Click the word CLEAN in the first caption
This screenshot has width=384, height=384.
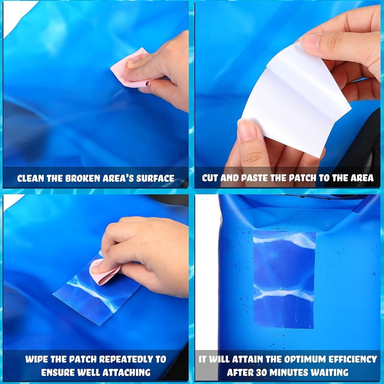click(x=31, y=178)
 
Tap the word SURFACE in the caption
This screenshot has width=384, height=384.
click(x=154, y=178)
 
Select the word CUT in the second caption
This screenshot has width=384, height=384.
click(x=211, y=178)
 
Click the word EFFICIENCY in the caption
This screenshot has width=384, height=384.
click(x=350, y=359)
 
